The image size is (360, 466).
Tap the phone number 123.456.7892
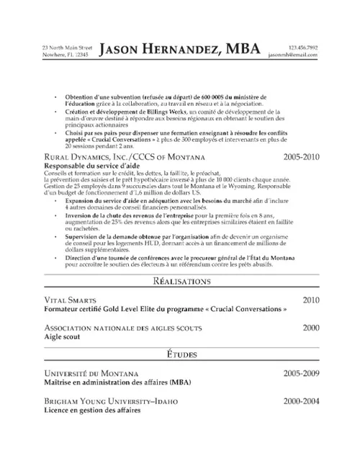[302, 47]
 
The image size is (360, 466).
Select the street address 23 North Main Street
[66, 47]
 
